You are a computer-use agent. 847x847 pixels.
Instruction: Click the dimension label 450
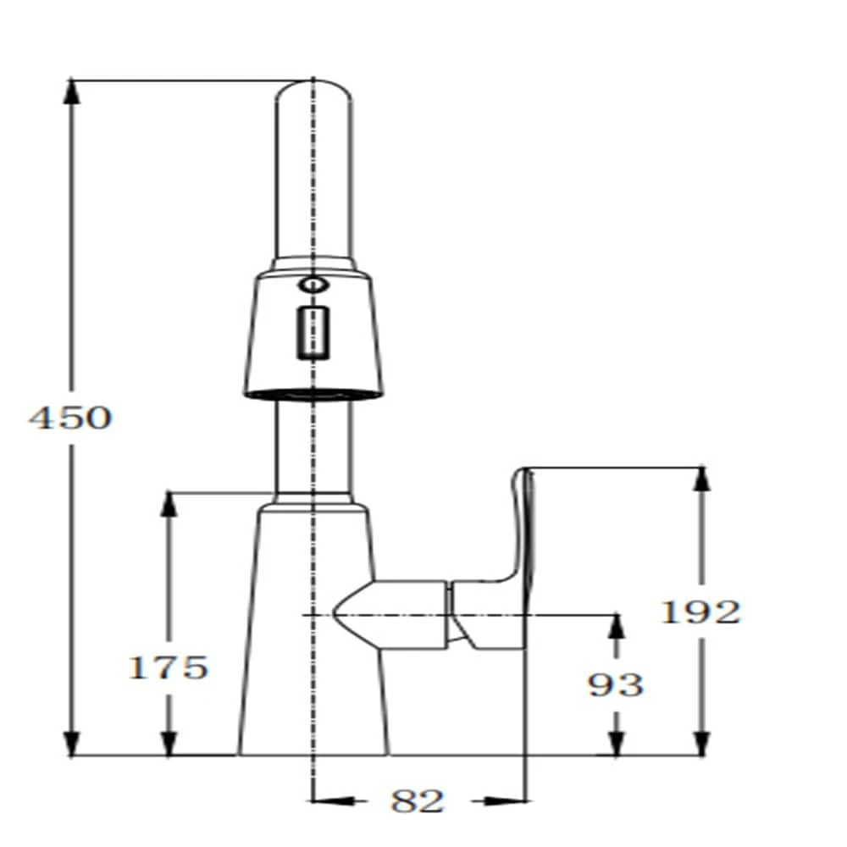[x=70, y=418]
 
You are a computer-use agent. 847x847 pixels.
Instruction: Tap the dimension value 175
[x=168, y=667]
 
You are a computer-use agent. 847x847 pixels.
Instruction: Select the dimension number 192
[x=700, y=612]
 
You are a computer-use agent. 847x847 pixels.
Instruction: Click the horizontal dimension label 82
[x=418, y=800]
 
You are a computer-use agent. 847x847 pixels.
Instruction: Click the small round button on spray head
[x=313, y=285]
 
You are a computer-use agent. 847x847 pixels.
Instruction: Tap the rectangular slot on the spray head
[x=313, y=331]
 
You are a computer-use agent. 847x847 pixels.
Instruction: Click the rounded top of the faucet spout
[x=313, y=88]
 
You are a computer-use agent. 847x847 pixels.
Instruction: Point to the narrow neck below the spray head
[x=312, y=445]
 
